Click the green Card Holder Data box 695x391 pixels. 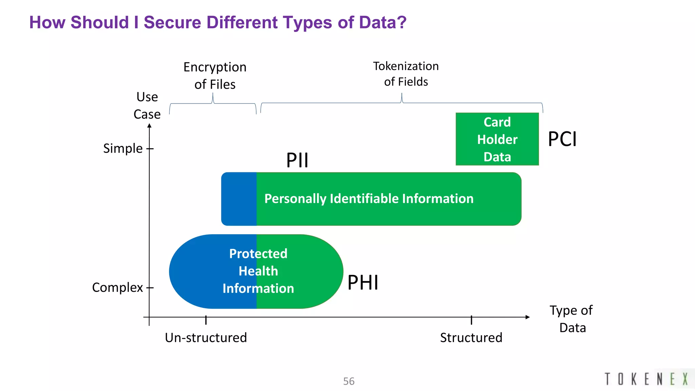coord(497,139)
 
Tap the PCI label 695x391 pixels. coord(562,139)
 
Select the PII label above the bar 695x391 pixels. coord(297,160)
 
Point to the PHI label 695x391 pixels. coord(363,282)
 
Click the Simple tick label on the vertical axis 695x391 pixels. coord(123,149)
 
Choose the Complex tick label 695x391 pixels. coord(117,287)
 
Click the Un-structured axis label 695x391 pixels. coord(206,338)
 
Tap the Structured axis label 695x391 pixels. coord(471,338)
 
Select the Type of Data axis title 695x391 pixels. coord(571,319)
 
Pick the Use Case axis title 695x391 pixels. coord(147,106)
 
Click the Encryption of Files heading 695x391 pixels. coord(215,75)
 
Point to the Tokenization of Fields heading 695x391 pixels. coord(406,74)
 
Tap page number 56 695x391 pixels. coord(349,381)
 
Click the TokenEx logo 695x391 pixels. coord(646,379)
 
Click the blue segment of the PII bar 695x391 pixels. coord(239,199)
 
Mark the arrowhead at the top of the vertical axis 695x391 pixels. coord(149,126)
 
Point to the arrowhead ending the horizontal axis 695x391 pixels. coord(527,317)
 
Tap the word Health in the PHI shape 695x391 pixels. coord(258,271)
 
